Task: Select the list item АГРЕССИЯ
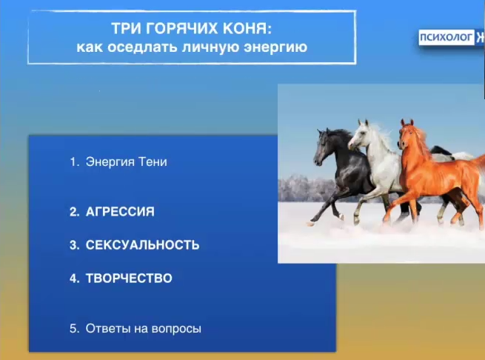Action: (120, 212)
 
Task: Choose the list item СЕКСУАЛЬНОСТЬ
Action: (142, 245)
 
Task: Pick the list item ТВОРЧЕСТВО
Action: (129, 279)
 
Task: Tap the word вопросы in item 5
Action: (177, 328)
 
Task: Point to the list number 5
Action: (74, 328)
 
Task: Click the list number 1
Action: (74, 161)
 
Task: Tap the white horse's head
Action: (358, 135)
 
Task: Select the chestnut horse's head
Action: (408, 135)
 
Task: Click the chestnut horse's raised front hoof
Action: (386, 219)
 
